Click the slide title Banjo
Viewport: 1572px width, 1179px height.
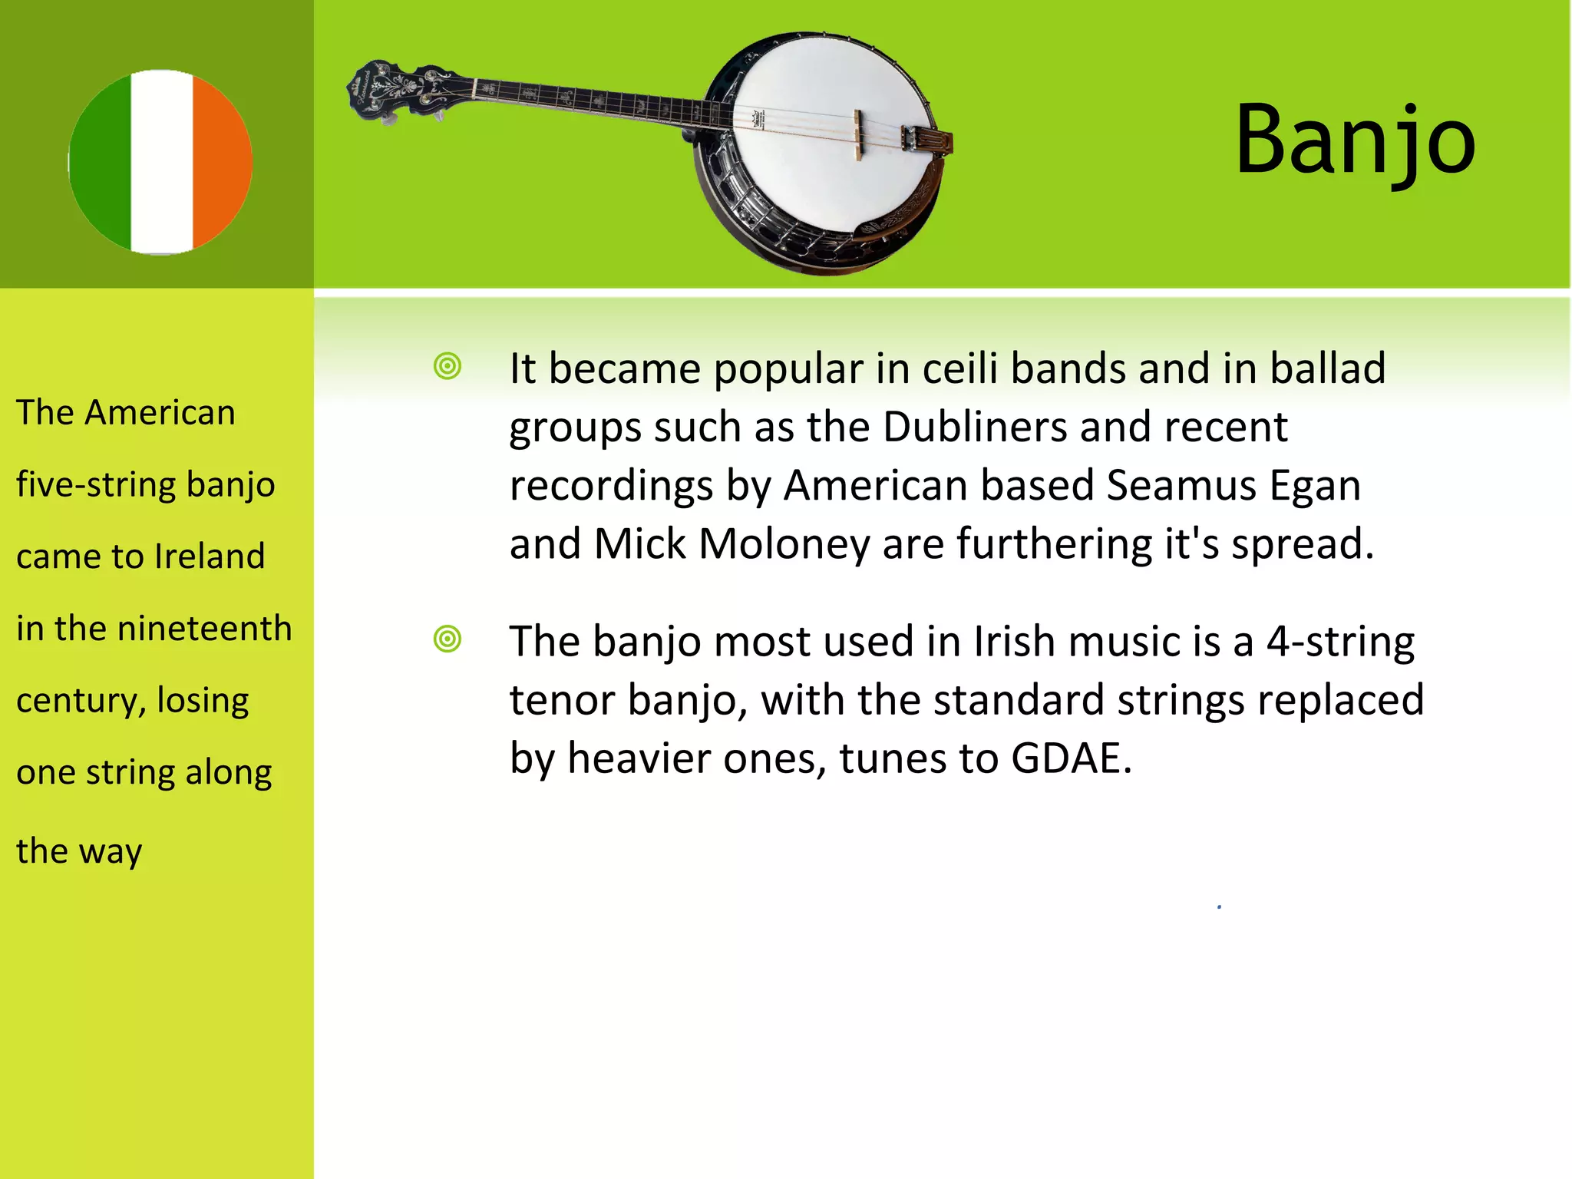click(x=1355, y=140)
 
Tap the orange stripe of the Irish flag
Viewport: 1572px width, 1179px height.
click(x=220, y=162)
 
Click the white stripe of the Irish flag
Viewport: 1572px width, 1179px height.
click(x=161, y=162)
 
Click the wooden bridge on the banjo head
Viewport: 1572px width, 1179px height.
click(x=858, y=135)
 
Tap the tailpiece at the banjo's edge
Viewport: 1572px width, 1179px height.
click(x=929, y=141)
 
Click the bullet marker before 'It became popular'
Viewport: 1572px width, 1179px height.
click(x=447, y=366)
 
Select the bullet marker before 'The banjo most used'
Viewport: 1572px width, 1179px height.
click(x=447, y=639)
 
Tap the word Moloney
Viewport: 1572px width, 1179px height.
click(x=784, y=544)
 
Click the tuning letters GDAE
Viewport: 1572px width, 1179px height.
click(x=1071, y=758)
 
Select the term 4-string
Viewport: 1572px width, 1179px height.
click(x=1339, y=641)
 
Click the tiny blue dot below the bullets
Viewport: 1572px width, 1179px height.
click(x=1219, y=907)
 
